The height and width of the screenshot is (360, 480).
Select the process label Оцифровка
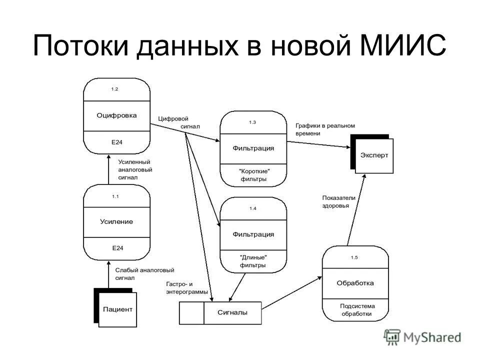tap(116, 115)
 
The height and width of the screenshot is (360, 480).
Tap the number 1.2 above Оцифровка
tap(115, 89)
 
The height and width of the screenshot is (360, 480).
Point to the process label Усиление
tap(116, 221)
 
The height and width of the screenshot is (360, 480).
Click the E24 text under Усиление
tap(117, 248)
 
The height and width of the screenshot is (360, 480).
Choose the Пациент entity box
tap(118, 309)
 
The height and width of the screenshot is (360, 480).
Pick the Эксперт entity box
tap(374, 155)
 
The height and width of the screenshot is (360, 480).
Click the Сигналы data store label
tap(232, 313)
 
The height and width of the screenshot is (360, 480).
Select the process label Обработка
tap(355, 283)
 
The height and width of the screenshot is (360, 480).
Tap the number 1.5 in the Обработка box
tap(354, 257)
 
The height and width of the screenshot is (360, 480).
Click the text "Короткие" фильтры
tap(253, 174)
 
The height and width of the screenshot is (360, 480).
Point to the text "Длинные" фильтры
tap(253, 261)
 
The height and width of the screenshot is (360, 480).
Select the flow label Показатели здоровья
tap(338, 201)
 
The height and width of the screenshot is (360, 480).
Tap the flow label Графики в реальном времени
tap(324, 129)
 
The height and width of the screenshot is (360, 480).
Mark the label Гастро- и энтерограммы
tap(185, 288)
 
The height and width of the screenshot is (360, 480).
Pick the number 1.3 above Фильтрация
tap(252, 122)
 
